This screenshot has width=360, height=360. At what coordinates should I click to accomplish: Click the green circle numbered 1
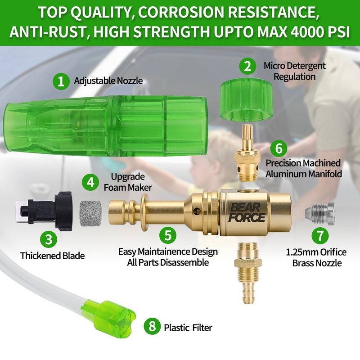[x=61, y=81]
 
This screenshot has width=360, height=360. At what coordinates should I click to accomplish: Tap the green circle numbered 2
[x=248, y=66]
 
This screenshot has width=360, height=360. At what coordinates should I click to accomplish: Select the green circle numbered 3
[x=49, y=239]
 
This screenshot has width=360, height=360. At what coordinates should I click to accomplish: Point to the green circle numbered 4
[x=91, y=183]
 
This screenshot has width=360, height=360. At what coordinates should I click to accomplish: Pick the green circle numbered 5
[x=168, y=235]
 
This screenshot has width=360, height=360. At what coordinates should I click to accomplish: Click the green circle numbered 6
[x=279, y=148]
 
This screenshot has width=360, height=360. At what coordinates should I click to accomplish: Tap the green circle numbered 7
[x=320, y=235]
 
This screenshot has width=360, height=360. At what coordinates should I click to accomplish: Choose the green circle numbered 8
[x=153, y=326]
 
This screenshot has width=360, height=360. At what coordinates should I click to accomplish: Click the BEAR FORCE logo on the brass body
[x=247, y=212]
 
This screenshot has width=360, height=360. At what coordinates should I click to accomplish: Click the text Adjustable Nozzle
[x=108, y=81]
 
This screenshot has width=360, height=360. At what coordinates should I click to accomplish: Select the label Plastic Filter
[x=188, y=328]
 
